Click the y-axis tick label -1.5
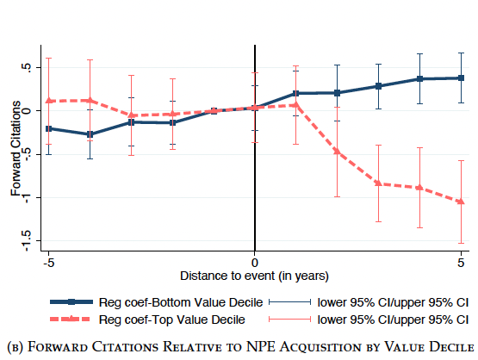click(27, 241)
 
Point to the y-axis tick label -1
click(27, 198)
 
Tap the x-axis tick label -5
click(48, 263)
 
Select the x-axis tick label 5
click(461, 263)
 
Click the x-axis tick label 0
click(255, 263)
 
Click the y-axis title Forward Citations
click(16, 148)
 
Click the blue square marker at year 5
click(461, 78)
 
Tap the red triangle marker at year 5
click(461, 202)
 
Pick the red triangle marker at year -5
click(49, 100)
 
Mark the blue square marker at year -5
click(49, 128)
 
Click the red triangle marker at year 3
click(378, 183)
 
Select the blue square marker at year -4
click(90, 134)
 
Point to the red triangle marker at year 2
click(337, 151)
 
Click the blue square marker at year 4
click(419, 79)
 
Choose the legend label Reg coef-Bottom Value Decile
click(181, 302)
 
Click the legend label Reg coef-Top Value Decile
click(172, 320)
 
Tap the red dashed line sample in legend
click(71, 320)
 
